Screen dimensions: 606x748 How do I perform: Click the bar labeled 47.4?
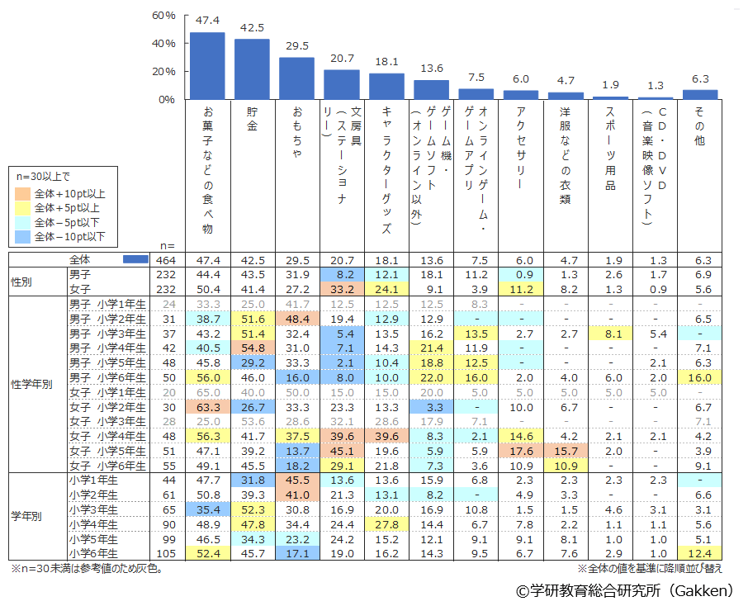207,66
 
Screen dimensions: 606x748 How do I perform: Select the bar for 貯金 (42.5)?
252,69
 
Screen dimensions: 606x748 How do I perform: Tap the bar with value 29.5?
296,78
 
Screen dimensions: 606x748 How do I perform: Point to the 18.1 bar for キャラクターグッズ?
386,86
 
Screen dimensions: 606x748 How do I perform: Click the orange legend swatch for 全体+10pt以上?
25,193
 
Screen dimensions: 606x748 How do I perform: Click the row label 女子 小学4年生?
107,435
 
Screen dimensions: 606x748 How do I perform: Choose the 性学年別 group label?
36,386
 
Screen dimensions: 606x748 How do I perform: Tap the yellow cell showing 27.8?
386,525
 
